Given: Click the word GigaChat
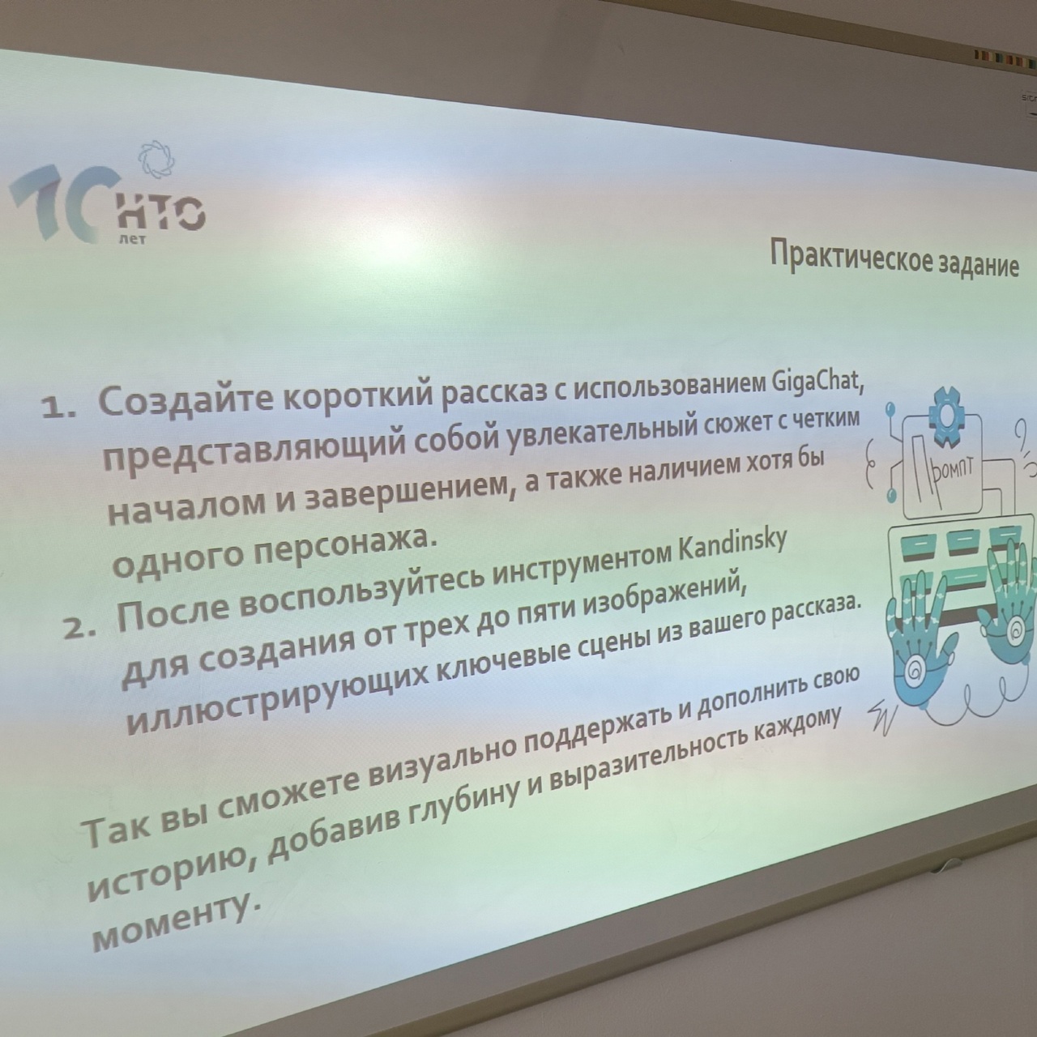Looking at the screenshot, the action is [818, 384].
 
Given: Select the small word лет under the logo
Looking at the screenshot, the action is [132, 239].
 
